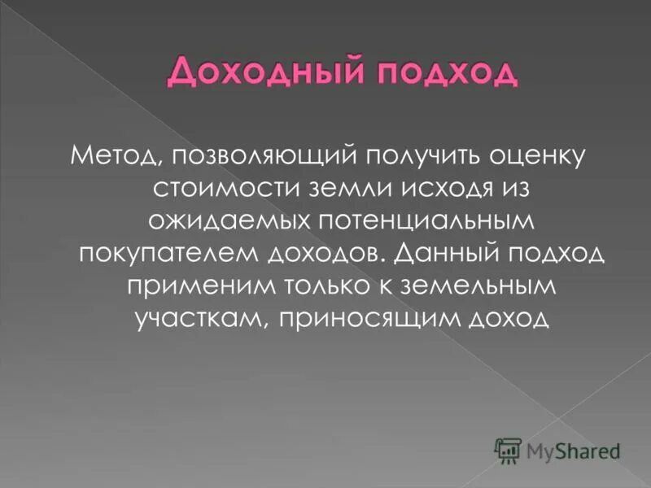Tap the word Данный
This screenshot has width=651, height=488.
point(438,253)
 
